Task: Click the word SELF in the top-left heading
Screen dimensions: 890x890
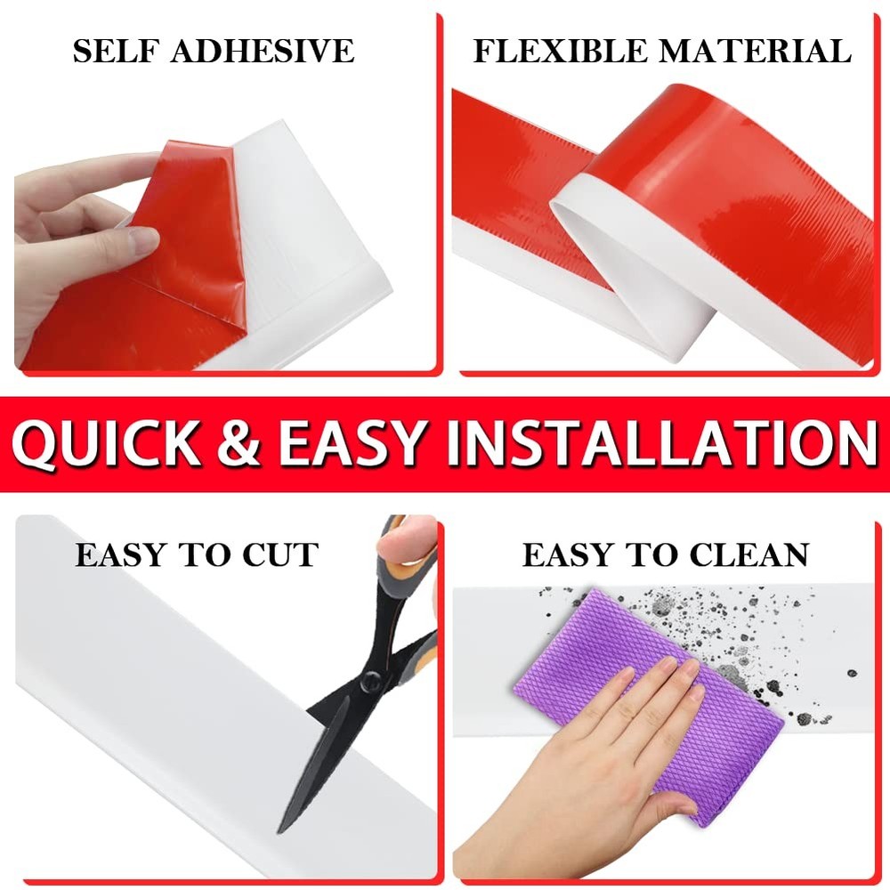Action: (117, 51)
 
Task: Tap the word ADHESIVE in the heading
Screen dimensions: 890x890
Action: (263, 51)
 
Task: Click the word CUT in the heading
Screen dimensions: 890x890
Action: (280, 554)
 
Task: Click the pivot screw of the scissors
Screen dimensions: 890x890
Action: (370, 677)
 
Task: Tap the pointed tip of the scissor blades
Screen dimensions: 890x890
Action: (279, 831)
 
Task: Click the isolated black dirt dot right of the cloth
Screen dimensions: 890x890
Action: (852, 674)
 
